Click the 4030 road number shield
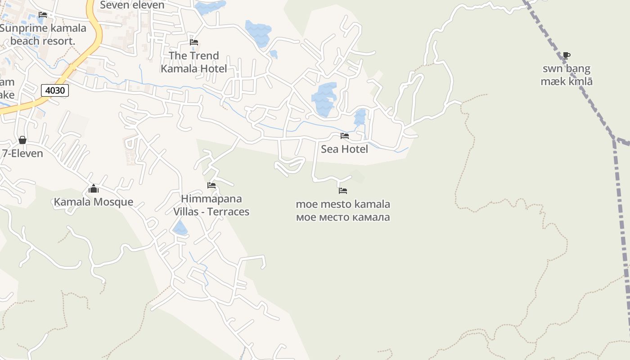click(55, 90)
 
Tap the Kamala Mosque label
click(94, 202)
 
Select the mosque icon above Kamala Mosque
click(94, 189)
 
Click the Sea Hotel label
click(344, 149)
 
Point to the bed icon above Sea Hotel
click(345, 135)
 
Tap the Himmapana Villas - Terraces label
click(211, 205)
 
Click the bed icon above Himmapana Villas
click(211, 185)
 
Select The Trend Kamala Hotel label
click(194, 62)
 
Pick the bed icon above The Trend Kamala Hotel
click(194, 42)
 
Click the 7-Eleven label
click(22, 153)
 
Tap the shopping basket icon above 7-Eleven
click(22, 140)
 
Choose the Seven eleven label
click(132, 5)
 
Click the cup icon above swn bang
click(566, 56)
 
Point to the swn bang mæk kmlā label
click(566, 75)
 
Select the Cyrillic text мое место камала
click(343, 217)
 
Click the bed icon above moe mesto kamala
click(343, 191)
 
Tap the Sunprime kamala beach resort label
click(43, 35)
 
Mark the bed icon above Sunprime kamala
click(43, 15)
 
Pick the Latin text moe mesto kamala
click(343, 204)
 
